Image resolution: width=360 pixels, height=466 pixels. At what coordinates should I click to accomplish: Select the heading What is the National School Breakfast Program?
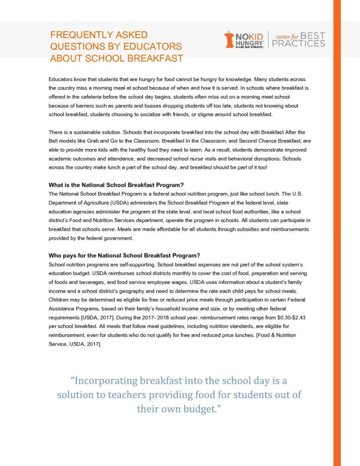(x=116, y=185)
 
